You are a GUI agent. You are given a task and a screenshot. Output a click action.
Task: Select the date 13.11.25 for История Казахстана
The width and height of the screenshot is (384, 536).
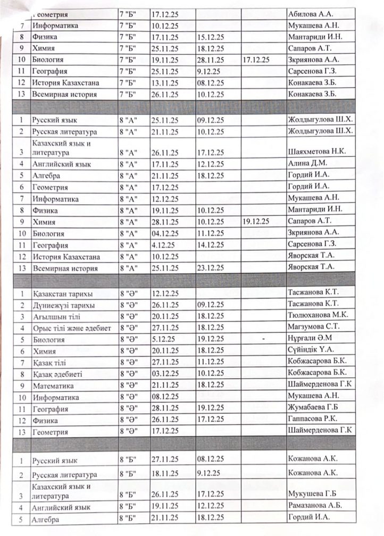166,83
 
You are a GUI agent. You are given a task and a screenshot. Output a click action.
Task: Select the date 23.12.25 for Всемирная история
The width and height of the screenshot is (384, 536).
210,267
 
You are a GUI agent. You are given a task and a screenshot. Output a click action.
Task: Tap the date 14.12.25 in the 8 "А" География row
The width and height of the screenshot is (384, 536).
210,245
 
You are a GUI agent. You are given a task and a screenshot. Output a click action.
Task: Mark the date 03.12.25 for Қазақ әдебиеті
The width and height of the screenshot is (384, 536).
166,374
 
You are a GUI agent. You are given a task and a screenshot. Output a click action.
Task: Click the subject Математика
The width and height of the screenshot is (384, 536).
53,386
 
